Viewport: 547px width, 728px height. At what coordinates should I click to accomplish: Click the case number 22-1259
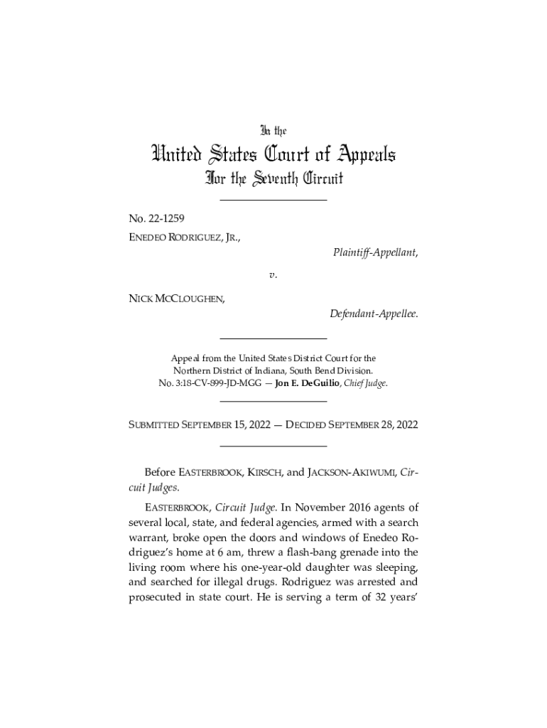click(166, 218)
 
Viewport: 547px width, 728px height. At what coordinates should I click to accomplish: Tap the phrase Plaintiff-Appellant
click(374, 252)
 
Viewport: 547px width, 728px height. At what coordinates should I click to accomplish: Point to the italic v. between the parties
click(273, 274)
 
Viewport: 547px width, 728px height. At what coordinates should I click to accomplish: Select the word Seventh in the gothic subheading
click(273, 178)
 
